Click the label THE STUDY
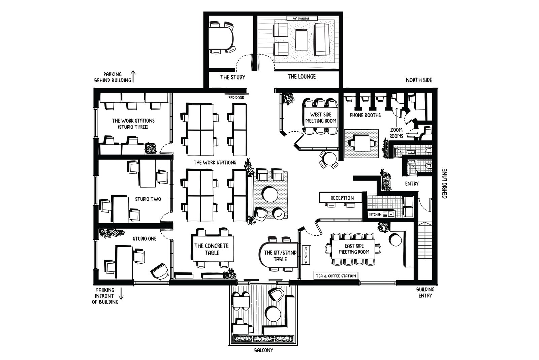232,77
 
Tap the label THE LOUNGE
302,77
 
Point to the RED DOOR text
236,98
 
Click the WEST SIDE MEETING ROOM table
321,118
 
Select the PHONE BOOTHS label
365,115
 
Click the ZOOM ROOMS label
396,133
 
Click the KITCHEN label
375,215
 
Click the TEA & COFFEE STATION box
336,276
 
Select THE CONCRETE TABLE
212,249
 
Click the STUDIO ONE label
144,239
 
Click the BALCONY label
263,350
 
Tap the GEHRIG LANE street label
445,184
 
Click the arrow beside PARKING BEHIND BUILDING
133,76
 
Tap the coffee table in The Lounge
302,40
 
